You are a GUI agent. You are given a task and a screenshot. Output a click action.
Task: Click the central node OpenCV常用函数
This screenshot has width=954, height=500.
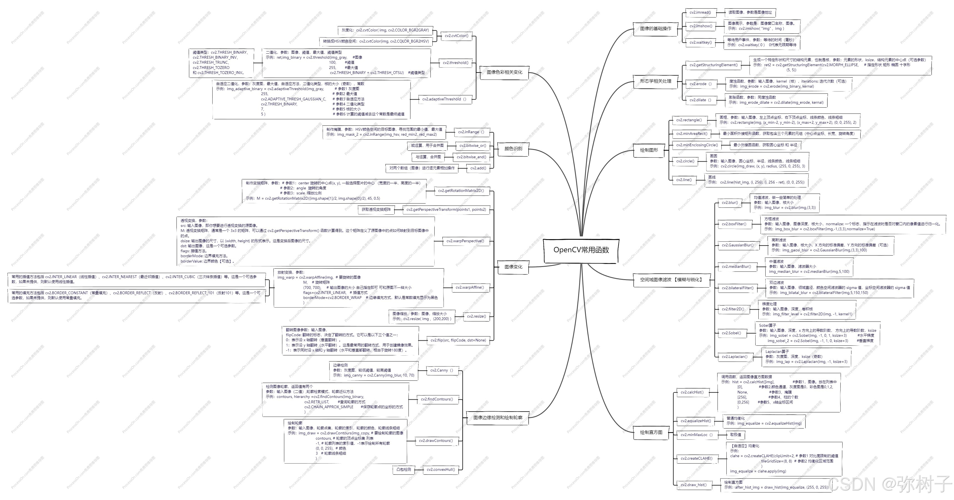pos(581,250)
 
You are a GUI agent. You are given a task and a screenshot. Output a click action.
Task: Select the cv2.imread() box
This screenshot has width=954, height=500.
pos(700,13)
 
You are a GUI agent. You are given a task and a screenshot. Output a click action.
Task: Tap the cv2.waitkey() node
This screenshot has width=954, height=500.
pos(700,43)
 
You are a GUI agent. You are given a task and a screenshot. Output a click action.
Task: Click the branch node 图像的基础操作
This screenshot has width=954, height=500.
pos(656,29)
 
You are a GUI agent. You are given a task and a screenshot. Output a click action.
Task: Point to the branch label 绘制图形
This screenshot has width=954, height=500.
pos(649,150)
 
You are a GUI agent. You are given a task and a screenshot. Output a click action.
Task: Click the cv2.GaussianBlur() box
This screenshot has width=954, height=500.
pos(737,245)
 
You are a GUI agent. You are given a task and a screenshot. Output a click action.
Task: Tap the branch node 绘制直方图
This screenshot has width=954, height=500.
pos(651,432)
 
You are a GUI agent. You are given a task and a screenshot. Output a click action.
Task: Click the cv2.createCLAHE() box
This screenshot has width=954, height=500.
pos(696,459)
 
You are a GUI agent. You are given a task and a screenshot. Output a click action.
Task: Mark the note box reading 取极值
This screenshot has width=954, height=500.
pos(736,435)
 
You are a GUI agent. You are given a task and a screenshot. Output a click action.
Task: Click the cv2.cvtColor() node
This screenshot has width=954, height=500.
pos(456,36)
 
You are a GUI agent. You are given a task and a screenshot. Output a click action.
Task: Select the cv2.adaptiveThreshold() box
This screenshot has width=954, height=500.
pos(444,99)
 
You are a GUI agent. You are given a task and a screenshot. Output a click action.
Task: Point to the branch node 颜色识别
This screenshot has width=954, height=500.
pos(513,148)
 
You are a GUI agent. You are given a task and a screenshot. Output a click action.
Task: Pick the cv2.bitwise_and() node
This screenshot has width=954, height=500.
pos(471,157)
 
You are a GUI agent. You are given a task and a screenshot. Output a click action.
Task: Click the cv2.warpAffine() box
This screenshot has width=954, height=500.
pos(469,288)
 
